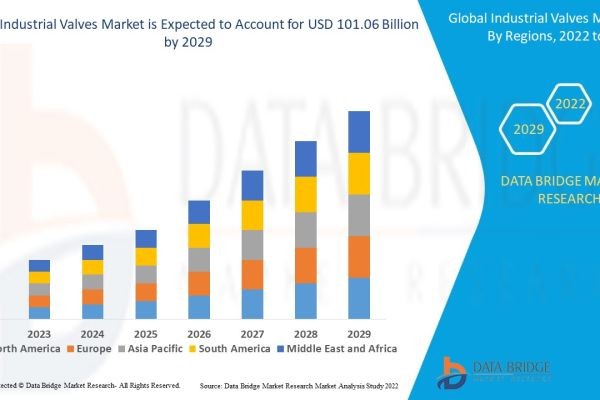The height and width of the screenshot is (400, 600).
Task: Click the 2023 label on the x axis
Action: point(39,333)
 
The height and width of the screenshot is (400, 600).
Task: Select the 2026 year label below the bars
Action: point(199,333)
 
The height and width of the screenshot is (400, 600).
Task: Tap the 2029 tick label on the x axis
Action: point(359,333)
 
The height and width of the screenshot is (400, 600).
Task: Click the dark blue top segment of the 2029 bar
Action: point(359,131)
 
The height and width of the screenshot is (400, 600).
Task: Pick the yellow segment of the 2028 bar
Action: point(306,194)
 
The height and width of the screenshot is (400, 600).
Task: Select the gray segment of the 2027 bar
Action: point(252,244)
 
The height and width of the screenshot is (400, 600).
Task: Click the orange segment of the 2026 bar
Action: point(199,283)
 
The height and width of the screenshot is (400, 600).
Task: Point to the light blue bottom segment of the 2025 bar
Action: point(146,309)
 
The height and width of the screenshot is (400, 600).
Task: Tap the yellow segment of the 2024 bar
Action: point(92,267)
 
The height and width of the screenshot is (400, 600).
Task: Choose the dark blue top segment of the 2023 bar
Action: point(39,265)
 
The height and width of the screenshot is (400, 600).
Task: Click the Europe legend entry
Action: point(91,349)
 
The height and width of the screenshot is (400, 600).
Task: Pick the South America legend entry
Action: point(233,349)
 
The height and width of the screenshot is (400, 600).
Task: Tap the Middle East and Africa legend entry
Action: point(340,349)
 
